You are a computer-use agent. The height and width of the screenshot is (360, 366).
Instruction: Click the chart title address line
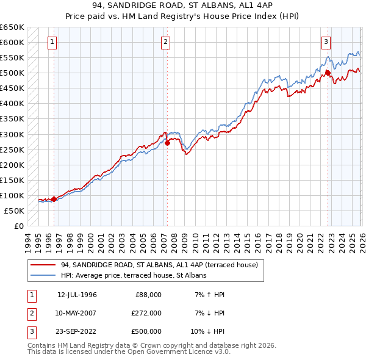[x=183, y=6]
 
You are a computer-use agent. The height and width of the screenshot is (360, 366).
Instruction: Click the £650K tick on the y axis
[x=12, y=27]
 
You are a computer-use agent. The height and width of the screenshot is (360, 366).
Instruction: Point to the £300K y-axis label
[x=12, y=134]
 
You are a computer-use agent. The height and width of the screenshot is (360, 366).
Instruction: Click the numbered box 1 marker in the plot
[x=52, y=42]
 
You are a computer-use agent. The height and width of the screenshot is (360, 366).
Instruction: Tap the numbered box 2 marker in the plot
[x=166, y=42]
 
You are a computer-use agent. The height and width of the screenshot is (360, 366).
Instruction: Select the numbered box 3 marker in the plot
[x=326, y=42]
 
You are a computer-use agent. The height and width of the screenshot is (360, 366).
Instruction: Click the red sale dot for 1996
[x=54, y=198]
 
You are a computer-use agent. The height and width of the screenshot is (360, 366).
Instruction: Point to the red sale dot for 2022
[x=328, y=73]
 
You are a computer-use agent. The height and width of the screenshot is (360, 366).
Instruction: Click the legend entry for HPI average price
[x=134, y=276]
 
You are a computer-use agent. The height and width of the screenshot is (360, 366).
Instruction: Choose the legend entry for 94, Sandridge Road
[x=159, y=265]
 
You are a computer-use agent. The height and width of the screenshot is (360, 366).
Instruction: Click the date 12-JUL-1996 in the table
[x=77, y=295]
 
